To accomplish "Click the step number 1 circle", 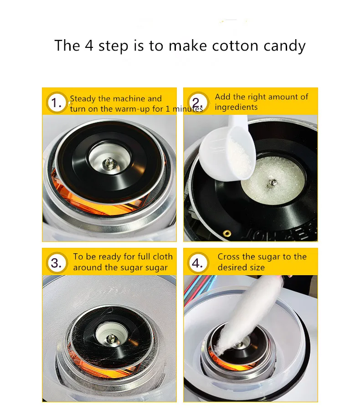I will [57, 103].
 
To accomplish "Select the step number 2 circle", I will [197, 102].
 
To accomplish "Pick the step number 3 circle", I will [57, 263].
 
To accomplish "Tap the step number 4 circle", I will [197, 263].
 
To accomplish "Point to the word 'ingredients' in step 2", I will [236, 108].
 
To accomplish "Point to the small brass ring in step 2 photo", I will [226, 233].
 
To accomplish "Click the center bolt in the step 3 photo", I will [111, 337].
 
